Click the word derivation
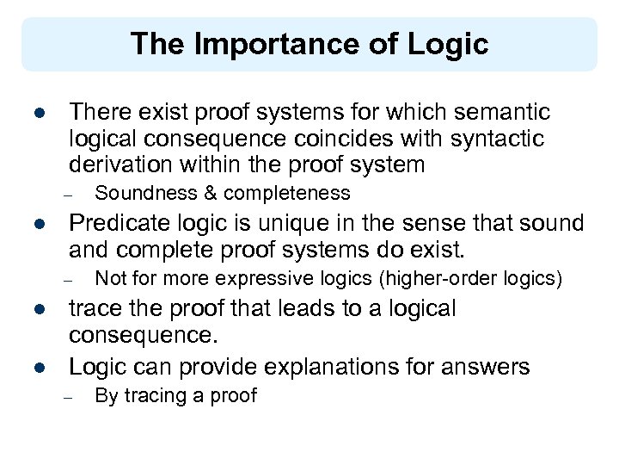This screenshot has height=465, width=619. (x=122, y=164)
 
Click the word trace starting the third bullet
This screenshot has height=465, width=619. (x=94, y=308)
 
